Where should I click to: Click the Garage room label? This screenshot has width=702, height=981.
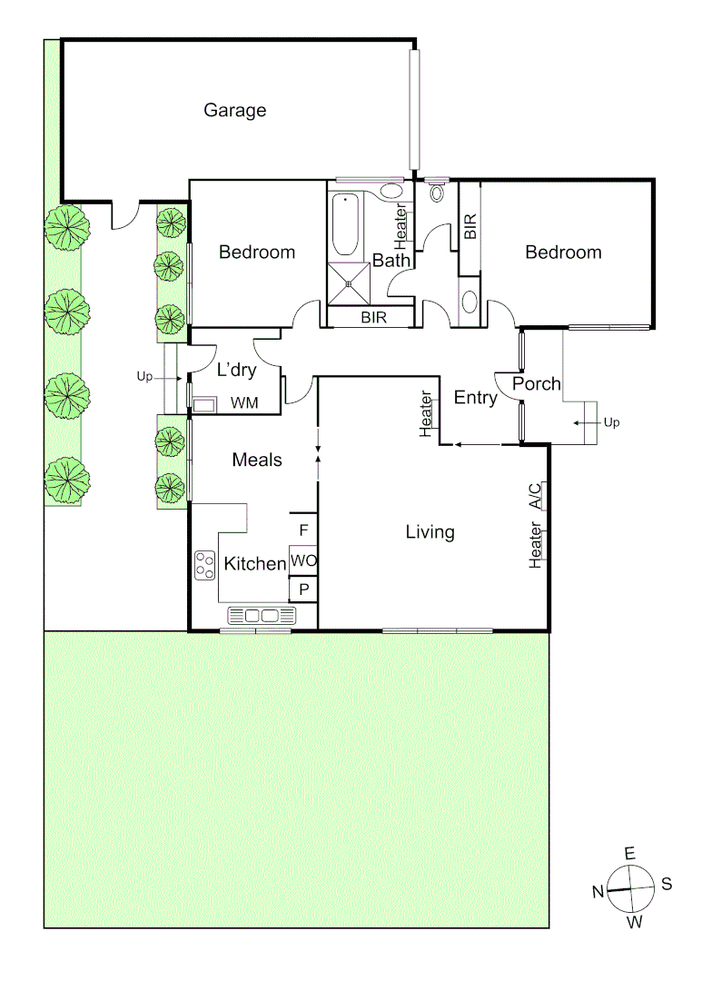coord(234,111)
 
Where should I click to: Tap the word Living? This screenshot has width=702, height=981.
coord(430,532)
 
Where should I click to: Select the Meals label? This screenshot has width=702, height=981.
coord(257,461)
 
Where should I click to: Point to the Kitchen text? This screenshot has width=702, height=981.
coord(255,564)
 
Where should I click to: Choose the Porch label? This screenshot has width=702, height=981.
coord(537,384)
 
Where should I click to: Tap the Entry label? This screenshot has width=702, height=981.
coord(475,397)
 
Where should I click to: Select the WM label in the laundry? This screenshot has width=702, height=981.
coord(242,402)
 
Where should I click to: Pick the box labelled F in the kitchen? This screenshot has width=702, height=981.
coord(303,529)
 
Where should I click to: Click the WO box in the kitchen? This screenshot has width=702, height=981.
coord(303,561)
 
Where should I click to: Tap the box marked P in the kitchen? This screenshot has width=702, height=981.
coord(303,590)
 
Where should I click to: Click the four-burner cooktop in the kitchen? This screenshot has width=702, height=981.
coord(204,565)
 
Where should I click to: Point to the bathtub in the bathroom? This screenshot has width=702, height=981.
coord(346,226)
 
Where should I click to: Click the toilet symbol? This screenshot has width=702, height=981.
coord(437,193)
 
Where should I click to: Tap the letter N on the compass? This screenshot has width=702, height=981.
coord(598,892)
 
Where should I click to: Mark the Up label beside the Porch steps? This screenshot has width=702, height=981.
coord(610,423)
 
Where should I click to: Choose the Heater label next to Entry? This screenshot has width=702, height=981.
coord(426,413)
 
